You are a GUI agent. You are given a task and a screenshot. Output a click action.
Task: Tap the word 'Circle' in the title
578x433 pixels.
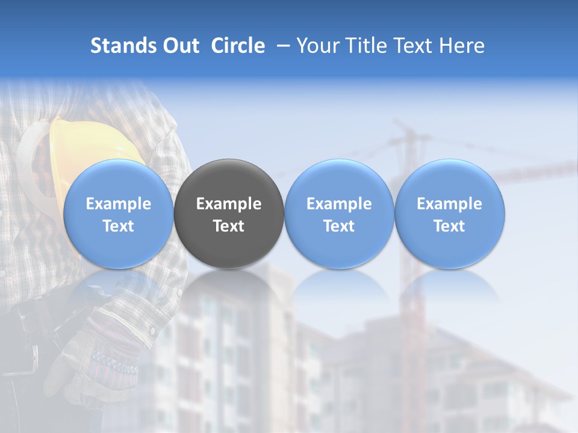[238, 46]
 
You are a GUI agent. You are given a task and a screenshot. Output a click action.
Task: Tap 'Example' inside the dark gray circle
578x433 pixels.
[229, 204]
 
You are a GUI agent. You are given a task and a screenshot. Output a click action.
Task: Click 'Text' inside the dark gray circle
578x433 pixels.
[229, 226]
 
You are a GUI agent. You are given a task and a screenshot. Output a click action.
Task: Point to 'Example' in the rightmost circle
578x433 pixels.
[450, 204]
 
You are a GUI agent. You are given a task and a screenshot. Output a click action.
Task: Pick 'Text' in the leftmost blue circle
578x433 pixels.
[119, 226]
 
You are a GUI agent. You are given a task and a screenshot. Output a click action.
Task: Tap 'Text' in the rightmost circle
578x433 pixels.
[450, 226]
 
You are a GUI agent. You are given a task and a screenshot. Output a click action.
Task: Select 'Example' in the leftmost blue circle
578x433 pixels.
[119, 204]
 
